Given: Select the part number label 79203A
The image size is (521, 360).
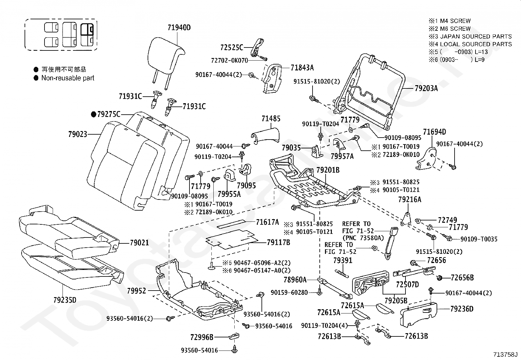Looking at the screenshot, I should click(426, 88).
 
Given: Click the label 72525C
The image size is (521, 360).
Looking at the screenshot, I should click(232, 48).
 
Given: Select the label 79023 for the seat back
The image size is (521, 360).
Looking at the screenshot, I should click(78, 134).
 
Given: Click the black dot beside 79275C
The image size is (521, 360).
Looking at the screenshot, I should click(94, 114).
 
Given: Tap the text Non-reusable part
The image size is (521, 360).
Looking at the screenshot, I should click(67, 78).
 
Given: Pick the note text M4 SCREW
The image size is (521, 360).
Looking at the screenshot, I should click(455, 21).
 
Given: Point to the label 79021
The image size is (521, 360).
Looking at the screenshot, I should click(139, 243).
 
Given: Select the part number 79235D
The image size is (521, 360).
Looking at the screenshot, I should click(64, 300).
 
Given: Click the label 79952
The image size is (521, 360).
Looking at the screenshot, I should click(136, 291).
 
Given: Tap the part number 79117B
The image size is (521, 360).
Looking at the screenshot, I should click(278, 242).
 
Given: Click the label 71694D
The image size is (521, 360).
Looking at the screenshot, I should click(434, 132).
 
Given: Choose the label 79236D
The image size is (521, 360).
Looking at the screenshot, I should click(462, 309).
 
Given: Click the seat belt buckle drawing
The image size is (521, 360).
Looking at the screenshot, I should click(391, 242).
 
